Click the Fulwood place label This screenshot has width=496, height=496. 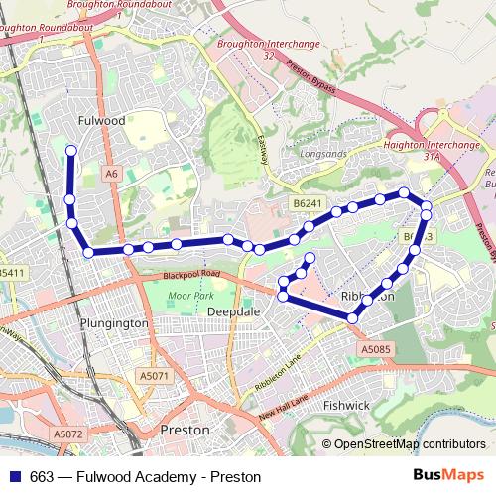pos(100,120)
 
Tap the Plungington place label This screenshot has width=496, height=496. pos(117,323)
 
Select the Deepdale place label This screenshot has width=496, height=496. pos(232,310)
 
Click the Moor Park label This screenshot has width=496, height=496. pos(190,296)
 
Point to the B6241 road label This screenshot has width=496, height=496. pos(308,203)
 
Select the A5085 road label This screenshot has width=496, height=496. pos(377,349)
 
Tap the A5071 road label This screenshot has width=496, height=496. pos(155,376)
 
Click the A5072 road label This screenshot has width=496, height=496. pos(67,434)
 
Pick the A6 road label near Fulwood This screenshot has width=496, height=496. pos(112,173)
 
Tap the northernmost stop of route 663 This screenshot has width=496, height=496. pos(70,151)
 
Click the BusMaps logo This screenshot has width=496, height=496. pos(448,476)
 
